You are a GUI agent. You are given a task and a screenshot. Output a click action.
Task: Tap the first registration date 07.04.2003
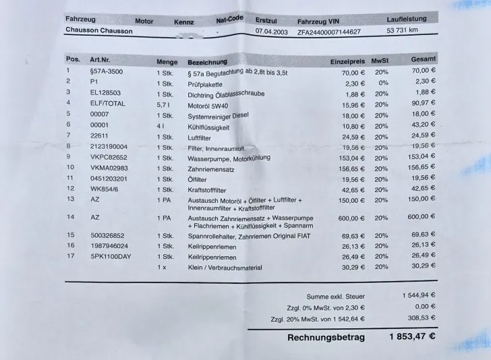[271, 31]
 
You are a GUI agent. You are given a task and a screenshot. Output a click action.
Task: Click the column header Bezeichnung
[207, 61]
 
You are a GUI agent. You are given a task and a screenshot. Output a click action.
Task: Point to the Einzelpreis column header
[347, 62]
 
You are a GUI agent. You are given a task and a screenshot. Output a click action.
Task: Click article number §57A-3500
[106, 70]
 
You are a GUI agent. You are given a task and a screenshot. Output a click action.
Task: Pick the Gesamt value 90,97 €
[424, 102]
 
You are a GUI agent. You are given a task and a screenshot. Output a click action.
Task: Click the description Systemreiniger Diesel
[218, 115]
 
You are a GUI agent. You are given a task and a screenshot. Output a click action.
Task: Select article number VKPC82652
[109, 156]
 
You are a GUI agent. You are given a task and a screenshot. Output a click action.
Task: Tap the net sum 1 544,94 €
[418, 295]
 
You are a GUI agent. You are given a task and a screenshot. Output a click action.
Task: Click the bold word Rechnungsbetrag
[326, 337]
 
